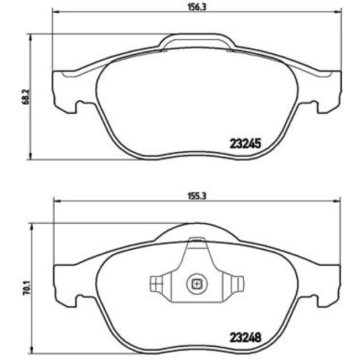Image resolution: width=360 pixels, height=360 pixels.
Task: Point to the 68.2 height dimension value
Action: point(23,95)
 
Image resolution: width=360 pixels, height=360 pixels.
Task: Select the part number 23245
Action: point(245,142)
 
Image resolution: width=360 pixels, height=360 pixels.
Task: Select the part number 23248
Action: point(245,336)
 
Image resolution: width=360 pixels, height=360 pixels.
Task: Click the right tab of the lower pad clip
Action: point(236,283)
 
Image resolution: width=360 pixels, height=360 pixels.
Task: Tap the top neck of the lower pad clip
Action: point(196,244)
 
